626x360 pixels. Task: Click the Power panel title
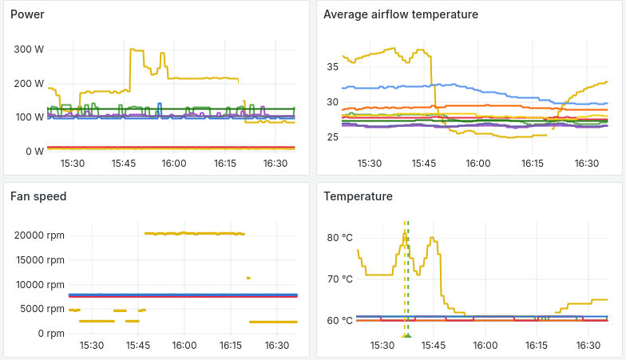coord(27,14)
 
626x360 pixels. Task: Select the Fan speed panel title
coord(38,196)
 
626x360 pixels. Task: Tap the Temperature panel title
coord(358,196)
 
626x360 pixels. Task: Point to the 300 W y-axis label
coord(29,49)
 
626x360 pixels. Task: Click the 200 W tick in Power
coord(29,83)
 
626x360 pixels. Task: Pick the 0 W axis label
coord(34,151)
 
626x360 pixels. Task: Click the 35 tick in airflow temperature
coord(332,67)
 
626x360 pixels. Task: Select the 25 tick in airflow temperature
coord(332,137)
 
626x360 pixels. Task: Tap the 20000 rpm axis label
coord(40,235)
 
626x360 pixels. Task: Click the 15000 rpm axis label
coord(40,259)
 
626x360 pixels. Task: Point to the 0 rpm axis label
coord(50,334)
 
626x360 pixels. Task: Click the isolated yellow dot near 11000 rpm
coord(248,278)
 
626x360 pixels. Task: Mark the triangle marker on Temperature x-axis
coord(406,336)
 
